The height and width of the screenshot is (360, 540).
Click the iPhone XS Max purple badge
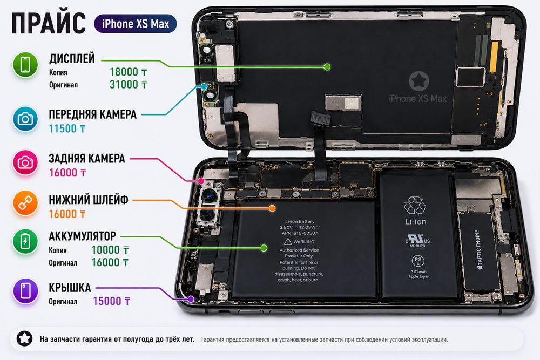[136, 24]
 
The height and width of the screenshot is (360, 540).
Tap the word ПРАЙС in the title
[49, 23]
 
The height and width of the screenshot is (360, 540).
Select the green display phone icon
[25, 65]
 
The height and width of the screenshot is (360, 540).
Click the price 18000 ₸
[129, 72]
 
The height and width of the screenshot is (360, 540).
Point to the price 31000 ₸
[129, 85]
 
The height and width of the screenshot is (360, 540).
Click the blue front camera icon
[25, 119]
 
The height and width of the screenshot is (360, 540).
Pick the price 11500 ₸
[67, 128]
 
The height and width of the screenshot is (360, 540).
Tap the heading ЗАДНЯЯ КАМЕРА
[87, 159]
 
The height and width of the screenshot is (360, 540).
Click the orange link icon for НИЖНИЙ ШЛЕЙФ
[25, 203]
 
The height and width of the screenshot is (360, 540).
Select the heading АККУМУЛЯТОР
[82, 236]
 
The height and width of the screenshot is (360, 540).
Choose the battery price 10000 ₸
[110, 250]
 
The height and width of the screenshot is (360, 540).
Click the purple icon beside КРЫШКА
[25, 291]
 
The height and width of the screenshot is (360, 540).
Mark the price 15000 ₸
[112, 301]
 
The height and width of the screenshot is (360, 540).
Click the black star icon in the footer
[25, 338]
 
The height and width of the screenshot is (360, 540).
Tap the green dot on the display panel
[327, 67]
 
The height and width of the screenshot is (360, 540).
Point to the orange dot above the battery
[272, 208]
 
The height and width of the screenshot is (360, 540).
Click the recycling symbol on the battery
[415, 206]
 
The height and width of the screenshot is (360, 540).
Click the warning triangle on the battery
[288, 241]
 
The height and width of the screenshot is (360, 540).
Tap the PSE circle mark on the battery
[418, 261]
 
